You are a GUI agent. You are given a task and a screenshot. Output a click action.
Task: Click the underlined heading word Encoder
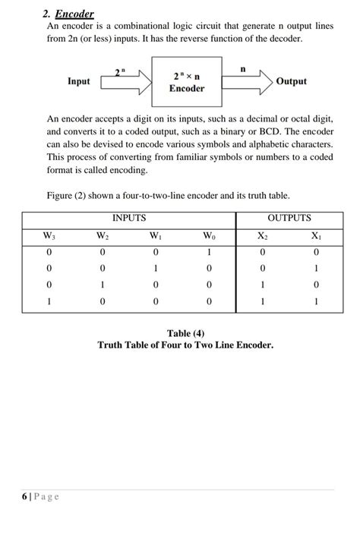[74, 14]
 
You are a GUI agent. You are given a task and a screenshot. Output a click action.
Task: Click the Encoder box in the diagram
[187, 81]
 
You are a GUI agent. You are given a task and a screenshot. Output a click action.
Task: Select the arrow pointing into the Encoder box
[126, 81]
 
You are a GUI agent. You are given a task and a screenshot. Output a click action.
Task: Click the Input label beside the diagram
[79, 81]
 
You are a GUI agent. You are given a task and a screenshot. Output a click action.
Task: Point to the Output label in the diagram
[292, 81]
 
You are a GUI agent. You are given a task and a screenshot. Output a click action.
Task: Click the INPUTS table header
[129, 218]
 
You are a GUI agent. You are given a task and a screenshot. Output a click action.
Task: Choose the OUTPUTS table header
[289, 218]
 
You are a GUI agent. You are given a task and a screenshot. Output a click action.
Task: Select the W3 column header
[49, 235]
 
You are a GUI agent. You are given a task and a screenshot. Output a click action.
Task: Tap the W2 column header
[103, 235]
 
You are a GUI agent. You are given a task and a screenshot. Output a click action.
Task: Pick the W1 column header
[155, 235]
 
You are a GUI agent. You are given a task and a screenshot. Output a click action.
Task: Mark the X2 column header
[263, 235]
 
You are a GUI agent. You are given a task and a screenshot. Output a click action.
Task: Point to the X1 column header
[316, 235]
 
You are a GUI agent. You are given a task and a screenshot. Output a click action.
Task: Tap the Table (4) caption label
[185, 333]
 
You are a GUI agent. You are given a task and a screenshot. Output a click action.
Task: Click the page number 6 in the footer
[25, 496]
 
